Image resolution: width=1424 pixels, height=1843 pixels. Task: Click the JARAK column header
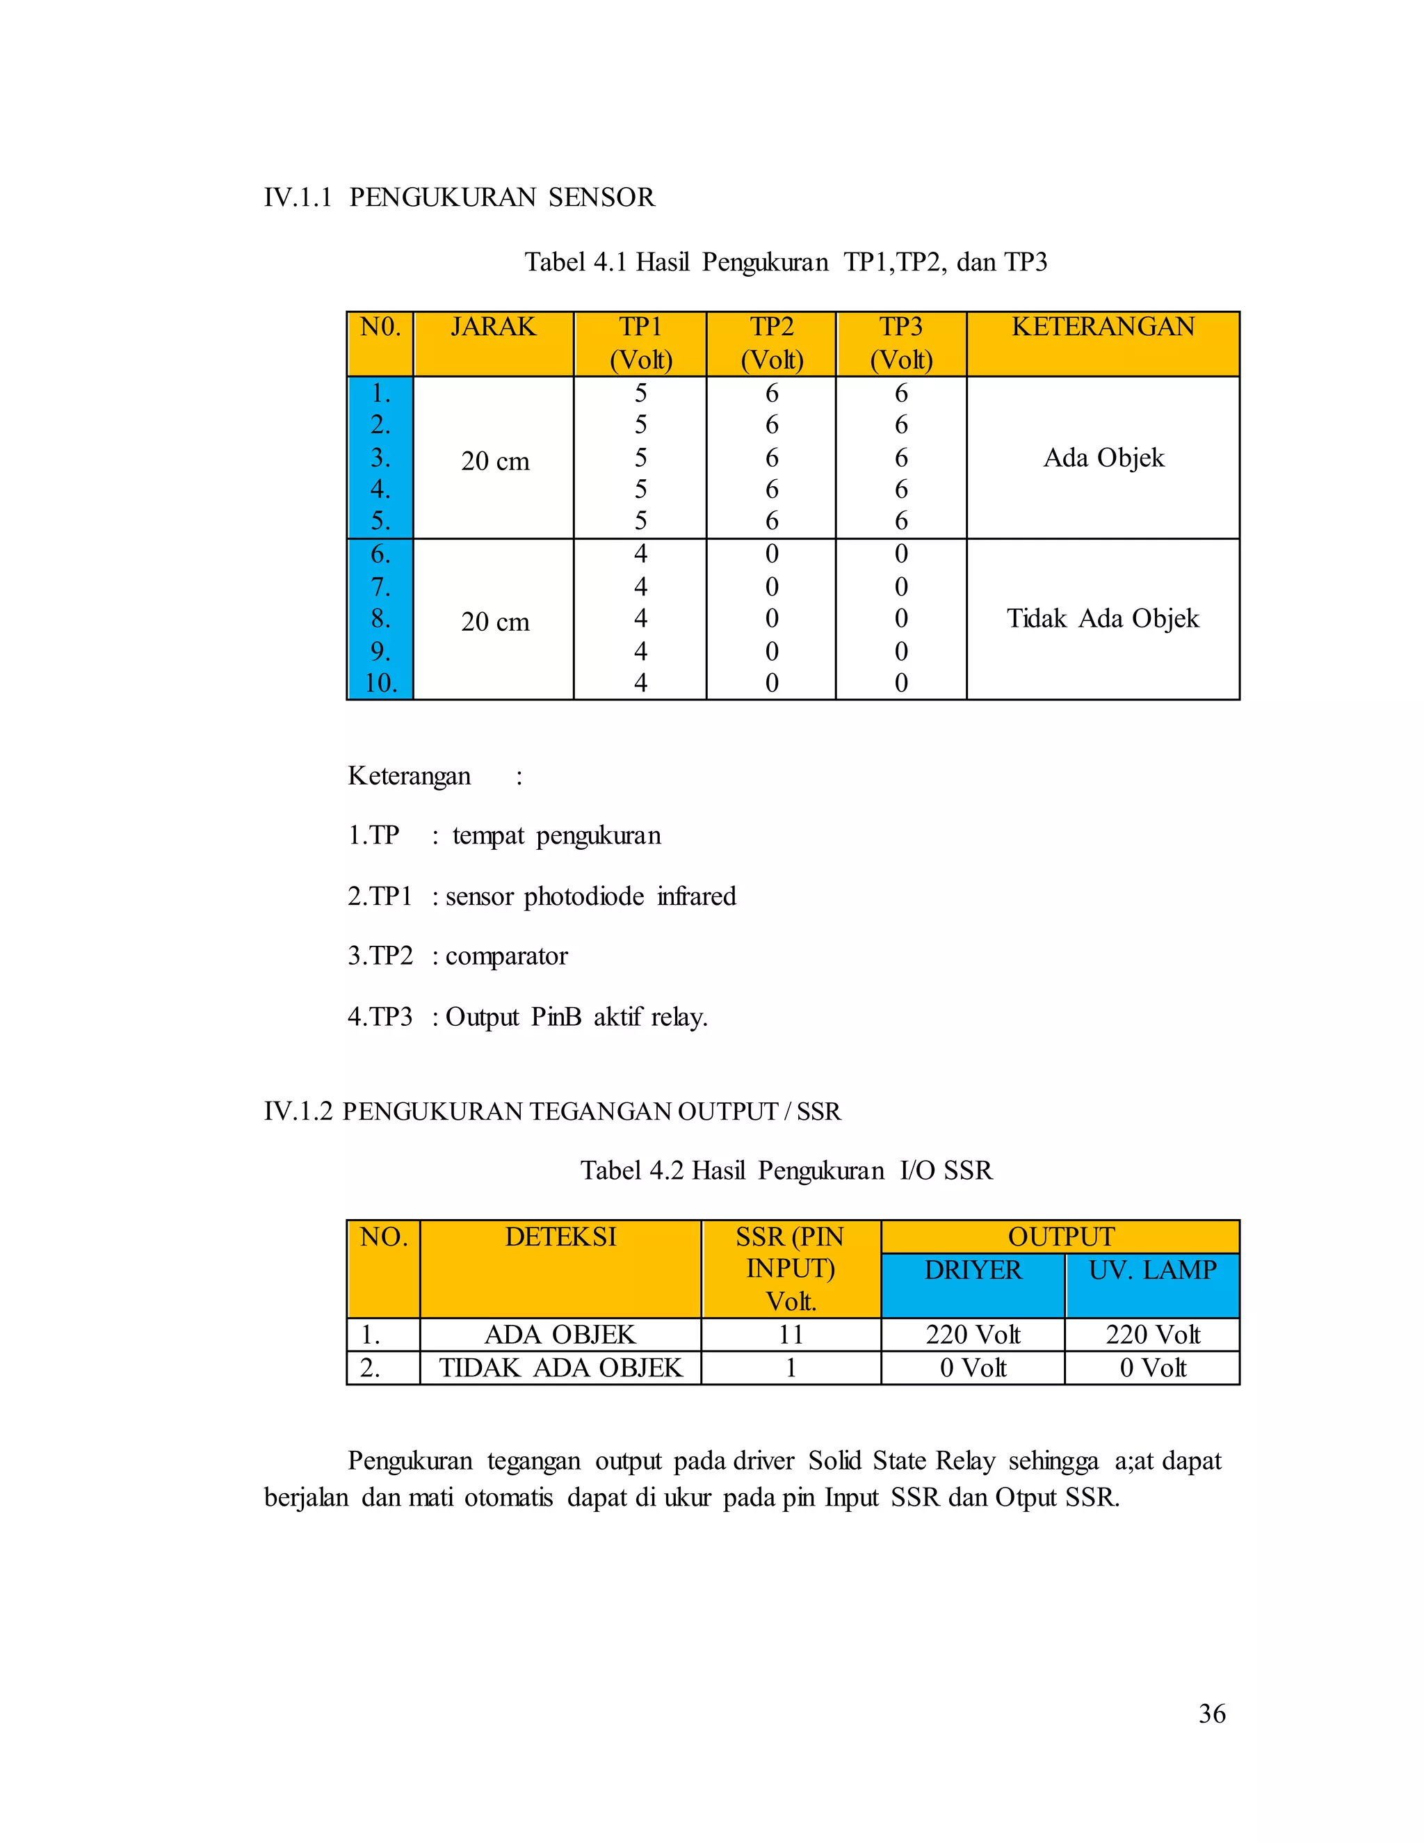[x=494, y=328]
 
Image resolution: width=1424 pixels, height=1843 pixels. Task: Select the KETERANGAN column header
[x=1103, y=328]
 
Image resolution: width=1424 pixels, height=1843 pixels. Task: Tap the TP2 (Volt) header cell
[x=771, y=344]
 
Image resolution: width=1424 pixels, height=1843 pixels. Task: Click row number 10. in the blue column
[x=380, y=683]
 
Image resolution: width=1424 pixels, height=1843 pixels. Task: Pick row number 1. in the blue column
[x=380, y=393]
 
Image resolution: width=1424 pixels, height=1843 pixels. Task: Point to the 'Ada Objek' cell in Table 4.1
[x=1103, y=458]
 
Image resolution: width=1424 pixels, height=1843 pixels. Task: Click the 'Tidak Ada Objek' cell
[x=1103, y=618]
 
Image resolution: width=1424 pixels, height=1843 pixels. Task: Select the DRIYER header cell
[x=973, y=1270]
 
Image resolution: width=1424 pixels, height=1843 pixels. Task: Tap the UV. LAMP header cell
[x=1152, y=1270]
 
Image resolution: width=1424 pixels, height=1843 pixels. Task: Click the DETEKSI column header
[x=560, y=1237]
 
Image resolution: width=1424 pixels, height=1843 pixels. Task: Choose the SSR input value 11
[x=791, y=1335]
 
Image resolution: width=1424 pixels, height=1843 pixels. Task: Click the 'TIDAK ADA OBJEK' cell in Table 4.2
[x=560, y=1368]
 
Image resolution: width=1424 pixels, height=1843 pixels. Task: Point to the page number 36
[x=1212, y=1714]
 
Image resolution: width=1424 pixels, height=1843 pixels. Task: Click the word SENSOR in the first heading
[x=601, y=198]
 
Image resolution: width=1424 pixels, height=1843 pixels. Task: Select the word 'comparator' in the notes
[x=506, y=956]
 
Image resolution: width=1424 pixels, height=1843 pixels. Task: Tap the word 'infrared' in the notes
[x=696, y=896]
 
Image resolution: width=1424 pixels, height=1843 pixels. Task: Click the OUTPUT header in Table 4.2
[x=1060, y=1237]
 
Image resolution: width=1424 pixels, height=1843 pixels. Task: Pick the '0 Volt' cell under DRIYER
[x=973, y=1368]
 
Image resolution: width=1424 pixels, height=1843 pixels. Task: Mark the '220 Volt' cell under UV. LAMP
[x=1152, y=1335]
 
